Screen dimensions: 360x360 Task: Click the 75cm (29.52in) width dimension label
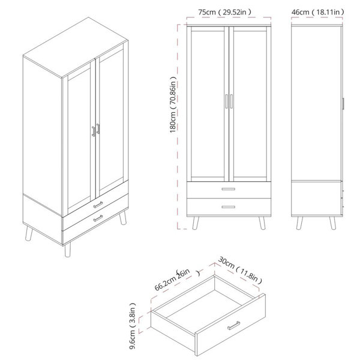[x=225, y=12]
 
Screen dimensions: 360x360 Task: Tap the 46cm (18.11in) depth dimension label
[x=318, y=12]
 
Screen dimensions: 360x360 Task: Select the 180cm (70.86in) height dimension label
[x=173, y=104]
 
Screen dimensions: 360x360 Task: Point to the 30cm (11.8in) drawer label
[x=240, y=270]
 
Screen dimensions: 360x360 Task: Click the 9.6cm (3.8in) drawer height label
[x=133, y=326]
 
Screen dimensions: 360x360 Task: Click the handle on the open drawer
[x=234, y=325]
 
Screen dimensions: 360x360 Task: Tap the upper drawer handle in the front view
[x=229, y=189]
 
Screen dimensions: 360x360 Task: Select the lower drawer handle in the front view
[x=229, y=207]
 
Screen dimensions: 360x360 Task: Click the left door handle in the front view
[x=226, y=101]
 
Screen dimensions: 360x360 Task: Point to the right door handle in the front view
[x=232, y=101]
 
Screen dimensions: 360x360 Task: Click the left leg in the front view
[x=196, y=223]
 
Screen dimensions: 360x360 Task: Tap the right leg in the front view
[x=262, y=223]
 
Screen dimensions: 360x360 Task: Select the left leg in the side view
[x=299, y=223]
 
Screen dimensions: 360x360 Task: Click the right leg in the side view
[x=332, y=223]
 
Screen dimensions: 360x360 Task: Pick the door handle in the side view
[x=343, y=104]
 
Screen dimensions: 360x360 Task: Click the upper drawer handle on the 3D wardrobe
[x=98, y=205]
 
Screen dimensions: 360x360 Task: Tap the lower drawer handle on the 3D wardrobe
[x=98, y=218]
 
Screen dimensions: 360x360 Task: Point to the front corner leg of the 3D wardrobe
[x=67, y=250]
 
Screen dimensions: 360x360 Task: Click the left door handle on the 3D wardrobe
[x=94, y=131]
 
